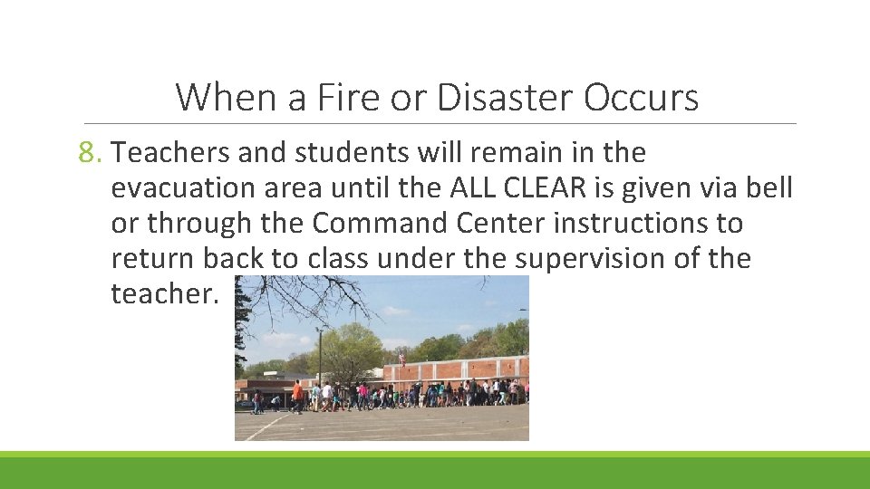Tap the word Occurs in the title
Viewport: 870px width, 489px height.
[x=641, y=97]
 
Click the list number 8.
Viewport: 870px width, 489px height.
[x=91, y=153]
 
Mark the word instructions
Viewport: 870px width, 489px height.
[x=647, y=224]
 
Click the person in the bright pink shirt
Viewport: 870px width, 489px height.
[x=362, y=394]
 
